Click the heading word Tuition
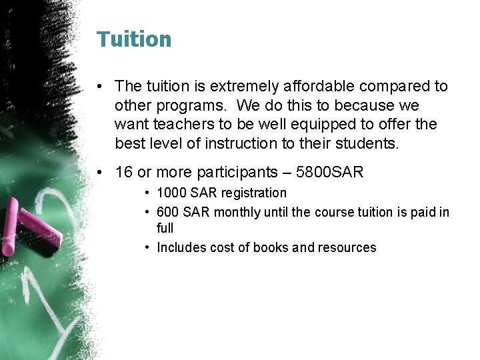[134, 39]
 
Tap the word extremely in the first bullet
[247, 86]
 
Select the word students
[366, 143]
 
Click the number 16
[124, 172]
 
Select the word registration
[253, 193]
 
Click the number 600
[167, 212]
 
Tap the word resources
[347, 247]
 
